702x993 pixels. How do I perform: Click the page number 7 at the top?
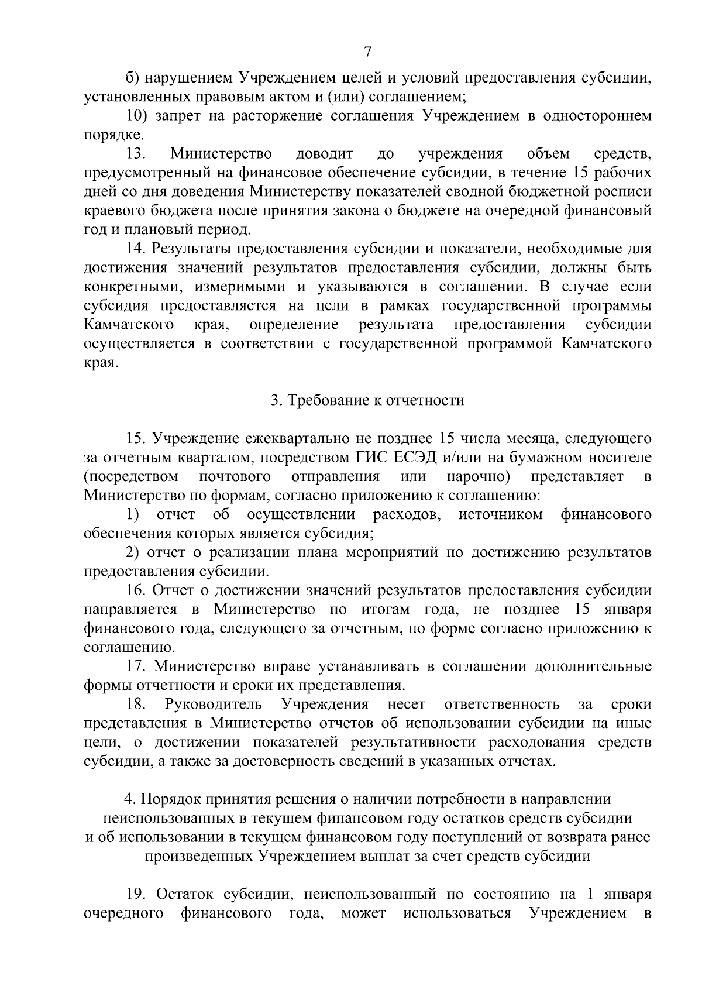point(367,52)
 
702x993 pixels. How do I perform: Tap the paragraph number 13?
point(136,154)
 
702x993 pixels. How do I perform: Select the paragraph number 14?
point(136,249)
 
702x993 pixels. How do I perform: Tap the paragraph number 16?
point(136,591)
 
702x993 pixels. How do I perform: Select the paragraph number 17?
point(136,666)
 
